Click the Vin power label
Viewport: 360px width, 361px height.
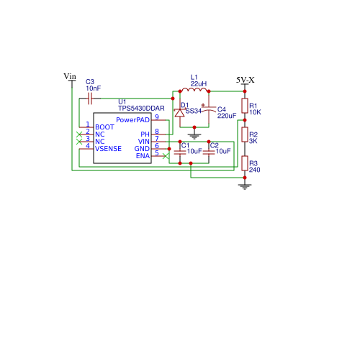tap(70, 76)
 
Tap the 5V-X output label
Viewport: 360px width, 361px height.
tap(245, 80)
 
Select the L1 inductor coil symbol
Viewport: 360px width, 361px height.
tap(194, 90)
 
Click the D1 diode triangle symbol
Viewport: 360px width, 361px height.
tap(180, 113)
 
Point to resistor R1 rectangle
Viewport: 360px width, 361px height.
tap(245, 106)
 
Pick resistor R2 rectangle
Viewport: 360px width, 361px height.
tap(245, 134)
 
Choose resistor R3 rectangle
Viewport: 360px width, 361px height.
tap(245, 163)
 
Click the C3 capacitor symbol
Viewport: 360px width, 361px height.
tap(90, 99)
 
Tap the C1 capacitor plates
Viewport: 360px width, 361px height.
tap(180, 152)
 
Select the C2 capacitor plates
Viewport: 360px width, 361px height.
tap(209, 152)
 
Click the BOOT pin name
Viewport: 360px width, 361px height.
tap(104, 127)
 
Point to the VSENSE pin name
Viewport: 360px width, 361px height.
tap(108, 149)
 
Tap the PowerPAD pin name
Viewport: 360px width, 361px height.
tap(132, 120)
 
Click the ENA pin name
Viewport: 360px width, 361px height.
tap(143, 156)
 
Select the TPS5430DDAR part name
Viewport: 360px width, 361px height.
tap(141, 109)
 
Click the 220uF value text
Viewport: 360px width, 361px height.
tap(227, 116)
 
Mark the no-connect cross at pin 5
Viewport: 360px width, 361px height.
tap(166, 156)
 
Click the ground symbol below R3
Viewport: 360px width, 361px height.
tap(245, 186)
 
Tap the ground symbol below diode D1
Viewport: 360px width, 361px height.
tap(194, 136)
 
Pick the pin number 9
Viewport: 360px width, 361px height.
tap(157, 116)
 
